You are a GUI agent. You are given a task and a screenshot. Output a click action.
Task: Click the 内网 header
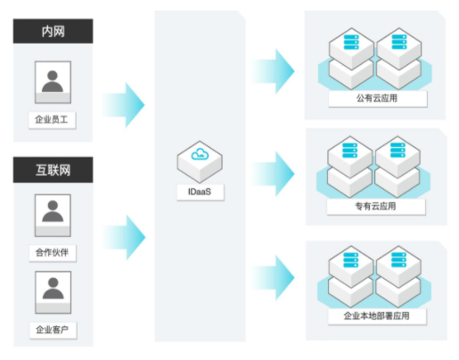[53, 31]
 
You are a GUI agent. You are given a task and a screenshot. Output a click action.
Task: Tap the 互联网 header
[53, 170]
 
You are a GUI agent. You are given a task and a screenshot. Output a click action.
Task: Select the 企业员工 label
[52, 120]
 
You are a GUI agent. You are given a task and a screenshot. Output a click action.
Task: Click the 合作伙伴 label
[53, 253]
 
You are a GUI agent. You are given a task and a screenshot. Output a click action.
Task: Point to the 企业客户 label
[53, 330]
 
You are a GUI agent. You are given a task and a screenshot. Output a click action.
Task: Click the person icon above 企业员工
[53, 82]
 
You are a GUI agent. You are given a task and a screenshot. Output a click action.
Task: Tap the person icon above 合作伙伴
[53, 216]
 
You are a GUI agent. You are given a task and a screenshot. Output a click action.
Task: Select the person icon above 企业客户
[53, 292]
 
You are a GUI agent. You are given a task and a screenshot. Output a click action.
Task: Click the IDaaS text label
[200, 192]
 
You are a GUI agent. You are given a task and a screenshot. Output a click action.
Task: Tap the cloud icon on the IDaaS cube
[200, 154]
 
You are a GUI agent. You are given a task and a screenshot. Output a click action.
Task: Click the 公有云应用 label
[377, 98]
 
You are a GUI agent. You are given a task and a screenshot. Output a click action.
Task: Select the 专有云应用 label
[376, 207]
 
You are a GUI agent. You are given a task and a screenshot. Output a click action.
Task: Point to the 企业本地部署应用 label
[377, 315]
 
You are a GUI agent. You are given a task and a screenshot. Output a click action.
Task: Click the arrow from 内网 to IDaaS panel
[124, 105]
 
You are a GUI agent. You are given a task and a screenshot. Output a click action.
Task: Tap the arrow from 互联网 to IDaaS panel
[124, 237]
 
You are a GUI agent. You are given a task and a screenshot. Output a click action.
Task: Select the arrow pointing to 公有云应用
[274, 71]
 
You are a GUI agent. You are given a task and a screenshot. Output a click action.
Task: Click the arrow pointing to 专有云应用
[274, 174]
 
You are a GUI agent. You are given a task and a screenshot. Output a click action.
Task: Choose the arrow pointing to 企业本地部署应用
[274, 278]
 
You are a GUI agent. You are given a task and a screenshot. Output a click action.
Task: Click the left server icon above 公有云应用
[351, 42]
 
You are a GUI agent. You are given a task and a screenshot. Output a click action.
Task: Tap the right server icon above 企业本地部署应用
[398, 259]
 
